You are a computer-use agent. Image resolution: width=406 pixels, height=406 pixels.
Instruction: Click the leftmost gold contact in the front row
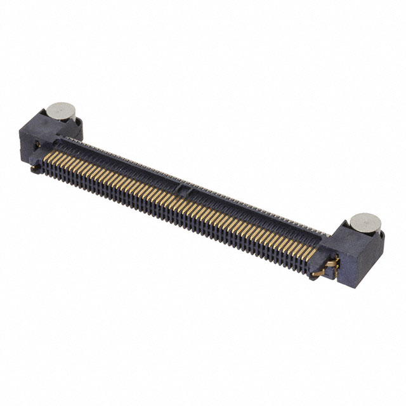pyautogui.click(x=50, y=150)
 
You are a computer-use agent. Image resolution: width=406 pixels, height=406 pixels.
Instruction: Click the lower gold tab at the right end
pyautogui.click(x=317, y=272)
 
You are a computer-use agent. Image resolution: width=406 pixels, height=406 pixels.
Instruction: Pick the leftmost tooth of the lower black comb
pyautogui.click(x=48, y=169)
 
